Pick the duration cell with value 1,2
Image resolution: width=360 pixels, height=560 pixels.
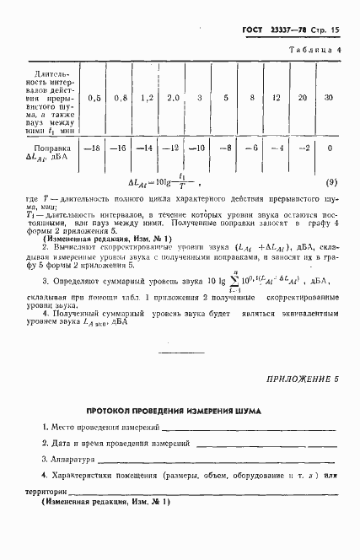147,98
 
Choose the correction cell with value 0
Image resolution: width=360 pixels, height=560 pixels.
329,148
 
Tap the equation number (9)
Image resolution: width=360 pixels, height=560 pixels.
331,182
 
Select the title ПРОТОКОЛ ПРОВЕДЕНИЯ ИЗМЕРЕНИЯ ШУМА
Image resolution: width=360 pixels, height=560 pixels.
173,412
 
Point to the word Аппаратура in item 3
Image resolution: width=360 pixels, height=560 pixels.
70,460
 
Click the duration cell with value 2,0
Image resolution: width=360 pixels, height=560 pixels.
173,98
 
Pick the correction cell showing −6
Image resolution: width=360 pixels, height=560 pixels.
250,149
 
